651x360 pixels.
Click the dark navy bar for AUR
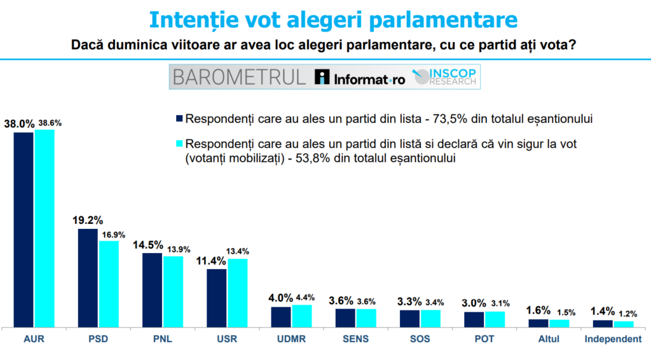24,229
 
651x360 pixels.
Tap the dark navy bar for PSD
88,277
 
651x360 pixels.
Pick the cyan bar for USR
238,293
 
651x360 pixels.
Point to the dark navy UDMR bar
281,316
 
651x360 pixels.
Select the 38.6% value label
50,123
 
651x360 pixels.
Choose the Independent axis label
613,339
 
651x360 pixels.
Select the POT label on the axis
484,339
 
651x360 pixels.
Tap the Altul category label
548,339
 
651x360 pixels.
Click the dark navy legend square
179,118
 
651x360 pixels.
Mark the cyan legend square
179,143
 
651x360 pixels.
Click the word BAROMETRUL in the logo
239,78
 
